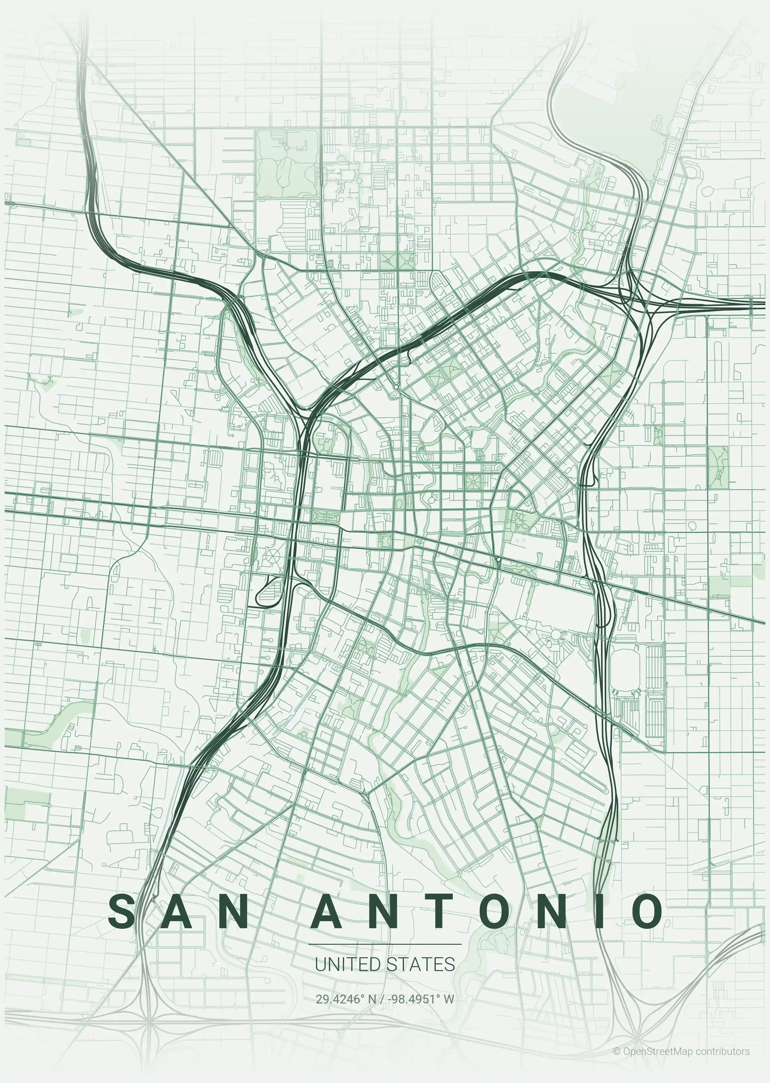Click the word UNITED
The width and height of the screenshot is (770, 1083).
(x=347, y=964)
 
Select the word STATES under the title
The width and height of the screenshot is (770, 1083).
(x=420, y=964)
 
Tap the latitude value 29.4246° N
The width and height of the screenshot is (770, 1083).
(x=346, y=999)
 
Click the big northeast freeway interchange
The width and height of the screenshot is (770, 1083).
(x=635, y=292)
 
